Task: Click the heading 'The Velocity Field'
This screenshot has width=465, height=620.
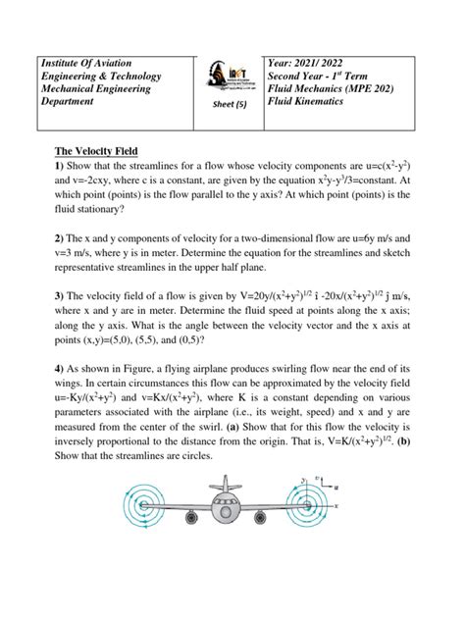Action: pyautogui.click(x=96, y=150)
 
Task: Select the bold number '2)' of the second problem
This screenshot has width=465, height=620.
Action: pyautogui.click(x=58, y=239)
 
